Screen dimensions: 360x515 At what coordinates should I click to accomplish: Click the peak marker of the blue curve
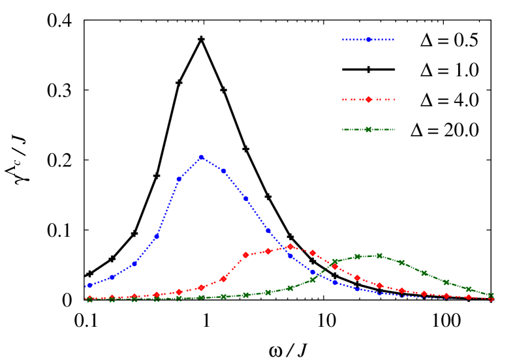[x=201, y=157]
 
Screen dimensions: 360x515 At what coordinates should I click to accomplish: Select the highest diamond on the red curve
[x=290, y=247]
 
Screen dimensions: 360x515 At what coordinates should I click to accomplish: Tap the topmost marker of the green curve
[x=379, y=256]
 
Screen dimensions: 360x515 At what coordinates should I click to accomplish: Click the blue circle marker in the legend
[x=368, y=39]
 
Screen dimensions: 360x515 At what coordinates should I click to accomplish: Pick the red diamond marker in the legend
[x=368, y=99]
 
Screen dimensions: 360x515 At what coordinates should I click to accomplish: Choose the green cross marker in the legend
[x=368, y=129]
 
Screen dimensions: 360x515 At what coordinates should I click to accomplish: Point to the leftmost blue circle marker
[x=89, y=286]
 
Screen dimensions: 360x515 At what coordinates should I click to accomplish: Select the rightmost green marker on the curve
[x=491, y=295]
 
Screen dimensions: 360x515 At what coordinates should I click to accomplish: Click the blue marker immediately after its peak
[x=223, y=170]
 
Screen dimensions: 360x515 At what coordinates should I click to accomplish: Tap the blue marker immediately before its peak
[x=179, y=179]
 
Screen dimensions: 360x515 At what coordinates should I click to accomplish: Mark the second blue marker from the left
[x=112, y=277]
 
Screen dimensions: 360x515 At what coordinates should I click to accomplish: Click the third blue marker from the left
[x=134, y=264]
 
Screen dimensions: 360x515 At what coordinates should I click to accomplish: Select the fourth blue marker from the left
[x=157, y=237]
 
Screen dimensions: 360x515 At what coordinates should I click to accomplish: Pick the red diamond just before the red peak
[x=268, y=251]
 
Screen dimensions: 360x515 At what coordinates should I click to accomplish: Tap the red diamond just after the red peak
[x=313, y=253]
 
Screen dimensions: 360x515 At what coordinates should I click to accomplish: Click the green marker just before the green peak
[x=357, y=257]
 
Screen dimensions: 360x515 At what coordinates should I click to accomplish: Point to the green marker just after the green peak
[x=401, y=263]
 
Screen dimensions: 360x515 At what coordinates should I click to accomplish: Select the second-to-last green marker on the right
[x=469, y=289]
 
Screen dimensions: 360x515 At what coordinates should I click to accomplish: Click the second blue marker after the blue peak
[x=246, y=199]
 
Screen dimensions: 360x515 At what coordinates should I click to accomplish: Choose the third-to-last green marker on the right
[x=446, y=282]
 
